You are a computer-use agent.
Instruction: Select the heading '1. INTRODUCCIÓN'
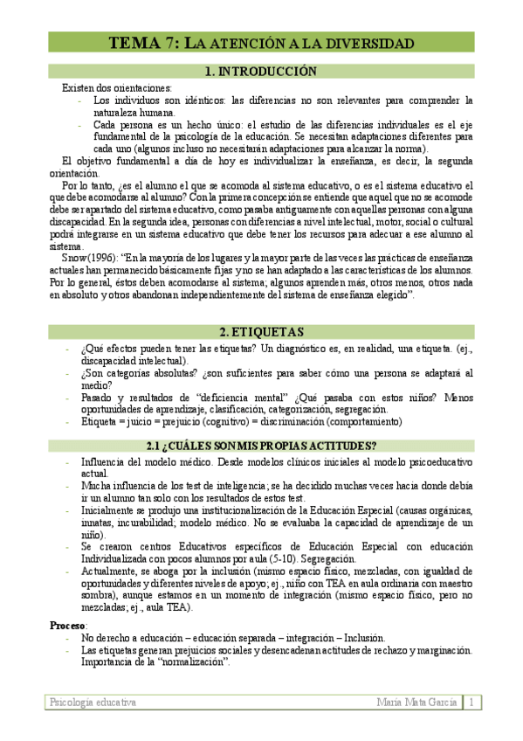coord(259,72)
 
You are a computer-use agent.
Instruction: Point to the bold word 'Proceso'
coord(67,626)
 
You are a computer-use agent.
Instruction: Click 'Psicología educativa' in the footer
coord(92,702)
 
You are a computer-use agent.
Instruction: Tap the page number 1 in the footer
coord(472,702)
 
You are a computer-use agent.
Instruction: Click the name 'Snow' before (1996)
coord(73,259)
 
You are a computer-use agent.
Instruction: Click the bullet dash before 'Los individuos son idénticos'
coord(80,100)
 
